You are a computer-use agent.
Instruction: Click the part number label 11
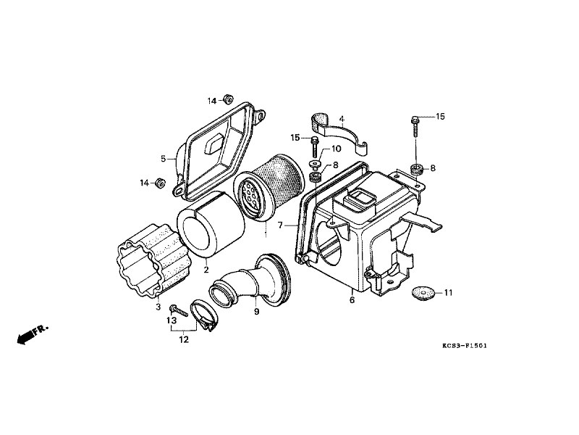pyautogui.click(x=448, y=293)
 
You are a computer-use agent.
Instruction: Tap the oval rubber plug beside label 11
pyautogui.click(x=423, y=293)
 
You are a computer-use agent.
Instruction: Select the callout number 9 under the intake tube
pyautogui.click(x=255, y=312)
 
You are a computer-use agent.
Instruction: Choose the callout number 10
pyautogui.click(x=335, y=149)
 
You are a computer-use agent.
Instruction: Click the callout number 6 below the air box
pyautogui.click(x=352, y=299)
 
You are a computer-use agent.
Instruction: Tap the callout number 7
pyautogui.click(x=280, y=226)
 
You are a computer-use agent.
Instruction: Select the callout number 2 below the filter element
pyautogui.click(x=206, y=270)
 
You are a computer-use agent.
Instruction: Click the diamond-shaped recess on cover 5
pyautogui.click(x=216, y=142)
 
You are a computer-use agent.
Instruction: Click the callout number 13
pyautogui.click(x=172, y=320)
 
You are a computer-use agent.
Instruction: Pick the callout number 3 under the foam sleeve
pyautogui.click(x=158, y=307)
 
